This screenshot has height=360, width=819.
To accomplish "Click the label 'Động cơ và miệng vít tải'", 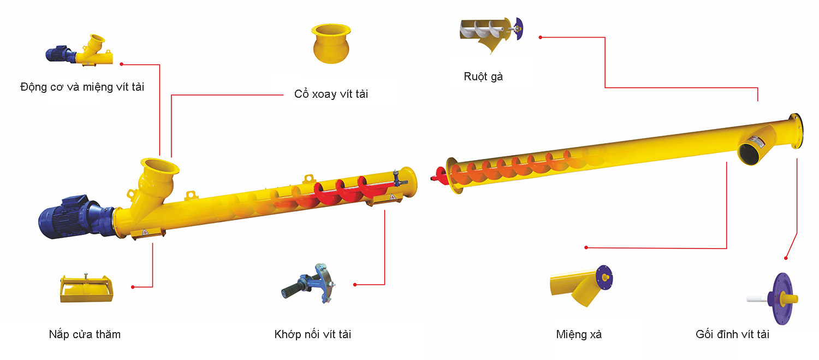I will pyautogui.click(x=82, y=87).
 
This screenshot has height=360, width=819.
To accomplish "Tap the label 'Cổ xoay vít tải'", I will pyautogui.click(x=331, y=94).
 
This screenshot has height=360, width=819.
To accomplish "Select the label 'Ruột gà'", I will pyautogui.click(x=483, y=76).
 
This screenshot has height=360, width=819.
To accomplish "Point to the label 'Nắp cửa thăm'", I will pyautogui.click(x=85, y=334).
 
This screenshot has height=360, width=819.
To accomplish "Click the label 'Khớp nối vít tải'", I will pyautogui.click(x=313, y=334).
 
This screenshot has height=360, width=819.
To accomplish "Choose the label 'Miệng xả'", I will pyautogui.click(x=579, y=334).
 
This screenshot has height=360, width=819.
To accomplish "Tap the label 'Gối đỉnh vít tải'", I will pyautogui.click(x=732, y=334).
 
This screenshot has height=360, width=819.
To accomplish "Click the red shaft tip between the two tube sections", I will pyautogui.click(x=436, y=176).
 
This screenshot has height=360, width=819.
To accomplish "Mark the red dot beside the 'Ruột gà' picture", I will pyautogui.click(x=540, y=37).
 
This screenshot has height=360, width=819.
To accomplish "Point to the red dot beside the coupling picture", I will pyautogui.click(x=355, y=285).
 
